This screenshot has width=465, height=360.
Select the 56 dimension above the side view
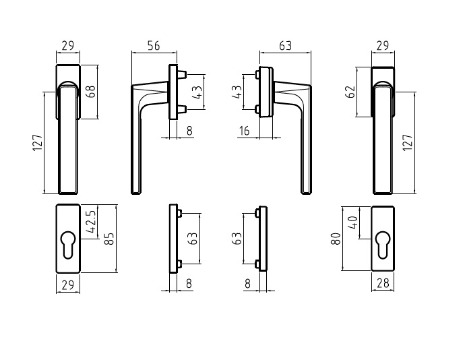tap(153, 47)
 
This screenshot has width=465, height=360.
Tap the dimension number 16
tap(245, 131)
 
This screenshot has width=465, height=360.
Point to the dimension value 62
tap(350, 91)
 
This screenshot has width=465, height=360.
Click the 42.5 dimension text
tap(91, 221)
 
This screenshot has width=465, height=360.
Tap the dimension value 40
tap(351, 223)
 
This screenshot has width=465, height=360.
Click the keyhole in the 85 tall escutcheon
tap(67, 239)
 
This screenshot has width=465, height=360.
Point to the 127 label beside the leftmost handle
tap(38, 143)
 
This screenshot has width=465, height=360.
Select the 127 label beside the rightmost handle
tap(407, 143)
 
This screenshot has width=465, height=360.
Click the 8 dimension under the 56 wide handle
tap(189, 131)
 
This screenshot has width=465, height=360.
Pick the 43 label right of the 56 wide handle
tap(197, 92)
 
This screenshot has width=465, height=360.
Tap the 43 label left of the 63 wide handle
tap(237, 92)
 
